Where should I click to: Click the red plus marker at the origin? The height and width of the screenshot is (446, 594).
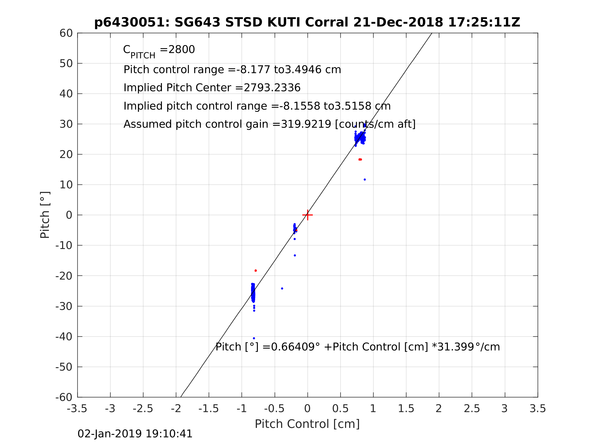tap(308, 215)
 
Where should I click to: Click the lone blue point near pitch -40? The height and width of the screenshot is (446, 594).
tap(254, 338)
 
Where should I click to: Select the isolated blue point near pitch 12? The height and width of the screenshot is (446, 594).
tap(365, 180)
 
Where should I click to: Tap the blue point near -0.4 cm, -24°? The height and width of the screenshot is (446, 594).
tap(282, 288)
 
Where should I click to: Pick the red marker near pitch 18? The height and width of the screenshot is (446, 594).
tap(360, 160)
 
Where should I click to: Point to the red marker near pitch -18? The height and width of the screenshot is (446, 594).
tap(256, 270)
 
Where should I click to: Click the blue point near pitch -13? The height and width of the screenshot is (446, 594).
tap(295, 255)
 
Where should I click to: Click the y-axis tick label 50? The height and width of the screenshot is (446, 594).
tap(66, 64)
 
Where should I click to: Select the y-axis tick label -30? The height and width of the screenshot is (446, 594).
tap(64, 307)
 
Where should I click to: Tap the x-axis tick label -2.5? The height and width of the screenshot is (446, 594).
tap(143, 409)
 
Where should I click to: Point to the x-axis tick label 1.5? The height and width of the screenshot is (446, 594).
tap(406, 409)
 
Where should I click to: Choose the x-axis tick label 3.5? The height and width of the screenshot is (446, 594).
tap(538, 409)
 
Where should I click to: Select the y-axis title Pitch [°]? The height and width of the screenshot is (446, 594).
tap(45, 215)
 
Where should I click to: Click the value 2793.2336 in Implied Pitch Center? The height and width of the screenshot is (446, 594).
tap(272, 88)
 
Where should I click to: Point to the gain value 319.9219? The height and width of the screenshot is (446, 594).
tap(306, 124)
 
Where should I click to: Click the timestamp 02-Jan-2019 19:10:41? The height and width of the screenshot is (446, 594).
tap(135, 434)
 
